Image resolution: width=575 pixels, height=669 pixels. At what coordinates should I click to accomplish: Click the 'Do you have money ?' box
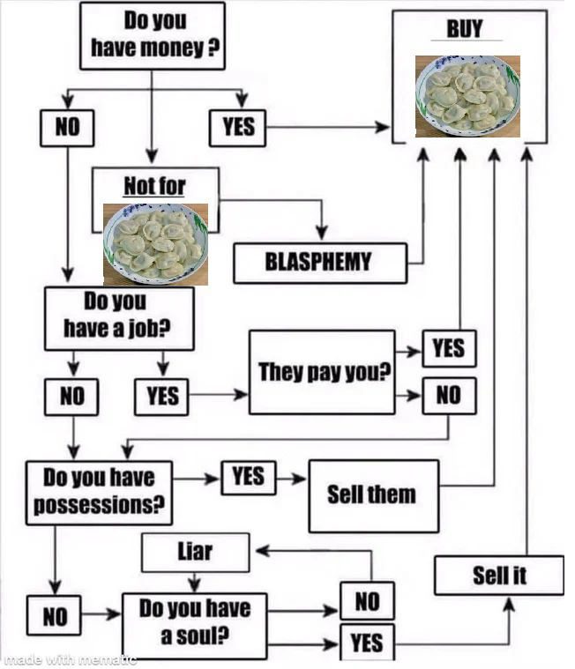click(153, 36)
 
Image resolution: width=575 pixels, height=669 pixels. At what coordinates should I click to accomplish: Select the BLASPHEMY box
click(320, 263)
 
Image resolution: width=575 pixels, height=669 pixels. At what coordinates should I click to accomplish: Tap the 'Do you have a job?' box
click(119, 319)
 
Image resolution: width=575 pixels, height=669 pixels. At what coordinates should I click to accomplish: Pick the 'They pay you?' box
click(322, 372)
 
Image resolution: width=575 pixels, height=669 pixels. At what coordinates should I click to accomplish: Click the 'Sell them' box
click(374, 495)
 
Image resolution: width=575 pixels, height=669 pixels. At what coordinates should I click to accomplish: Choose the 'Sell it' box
click(499, 576)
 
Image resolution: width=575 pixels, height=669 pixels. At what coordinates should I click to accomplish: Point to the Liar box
click(196, 553)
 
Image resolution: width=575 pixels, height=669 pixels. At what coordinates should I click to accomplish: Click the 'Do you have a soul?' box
click(195, 626)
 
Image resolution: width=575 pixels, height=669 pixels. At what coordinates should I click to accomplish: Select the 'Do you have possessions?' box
click(99, 493)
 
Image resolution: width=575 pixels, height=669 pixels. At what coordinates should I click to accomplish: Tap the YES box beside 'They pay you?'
click(449, 348)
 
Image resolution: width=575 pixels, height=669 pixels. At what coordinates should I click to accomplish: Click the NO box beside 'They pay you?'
click(449, 396)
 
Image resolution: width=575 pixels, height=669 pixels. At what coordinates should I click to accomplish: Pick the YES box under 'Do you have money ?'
click(238, 128)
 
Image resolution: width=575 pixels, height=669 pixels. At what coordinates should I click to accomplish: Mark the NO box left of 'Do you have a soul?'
click(54, 615)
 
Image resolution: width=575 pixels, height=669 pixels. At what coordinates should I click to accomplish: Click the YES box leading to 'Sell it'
click(368, 643)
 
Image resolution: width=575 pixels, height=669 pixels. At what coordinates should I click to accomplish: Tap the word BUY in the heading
click(465, 29)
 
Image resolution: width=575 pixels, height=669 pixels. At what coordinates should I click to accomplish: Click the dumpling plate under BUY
click(468, 96)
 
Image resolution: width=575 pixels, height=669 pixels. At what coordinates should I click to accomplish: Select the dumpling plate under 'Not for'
click(156, 244)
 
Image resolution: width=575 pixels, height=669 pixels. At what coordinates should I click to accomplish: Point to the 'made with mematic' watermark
click(68, 659)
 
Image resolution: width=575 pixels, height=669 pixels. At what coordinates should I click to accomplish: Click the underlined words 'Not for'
click(154, 186)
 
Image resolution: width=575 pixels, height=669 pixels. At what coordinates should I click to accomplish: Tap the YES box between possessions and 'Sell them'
click(249, 478)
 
